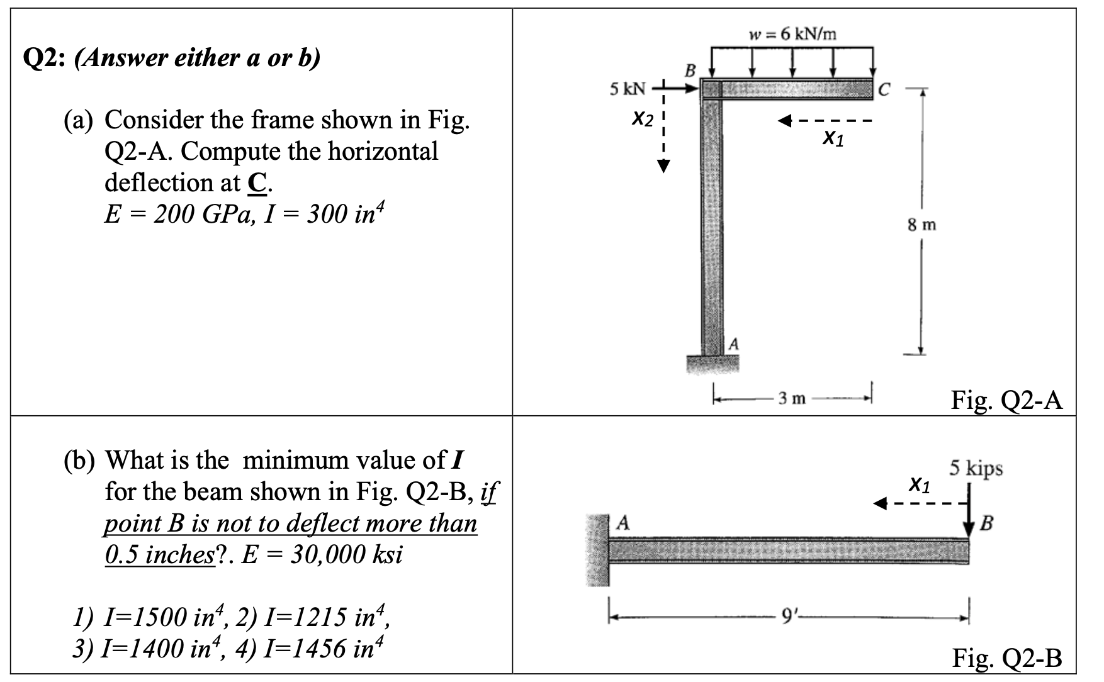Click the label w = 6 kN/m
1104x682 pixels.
792,34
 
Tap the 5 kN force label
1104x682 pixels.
627,89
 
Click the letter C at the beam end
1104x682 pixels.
884,91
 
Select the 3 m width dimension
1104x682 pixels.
791,398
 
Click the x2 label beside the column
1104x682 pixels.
643,118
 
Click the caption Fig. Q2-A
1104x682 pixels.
1006,400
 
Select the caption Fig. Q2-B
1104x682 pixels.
1006,658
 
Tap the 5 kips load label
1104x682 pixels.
976,468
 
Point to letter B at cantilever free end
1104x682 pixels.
986,522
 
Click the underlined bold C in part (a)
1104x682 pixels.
256,183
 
